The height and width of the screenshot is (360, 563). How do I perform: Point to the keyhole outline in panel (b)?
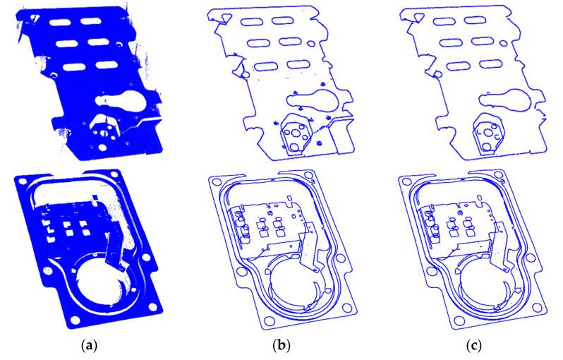coord(315,100)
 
